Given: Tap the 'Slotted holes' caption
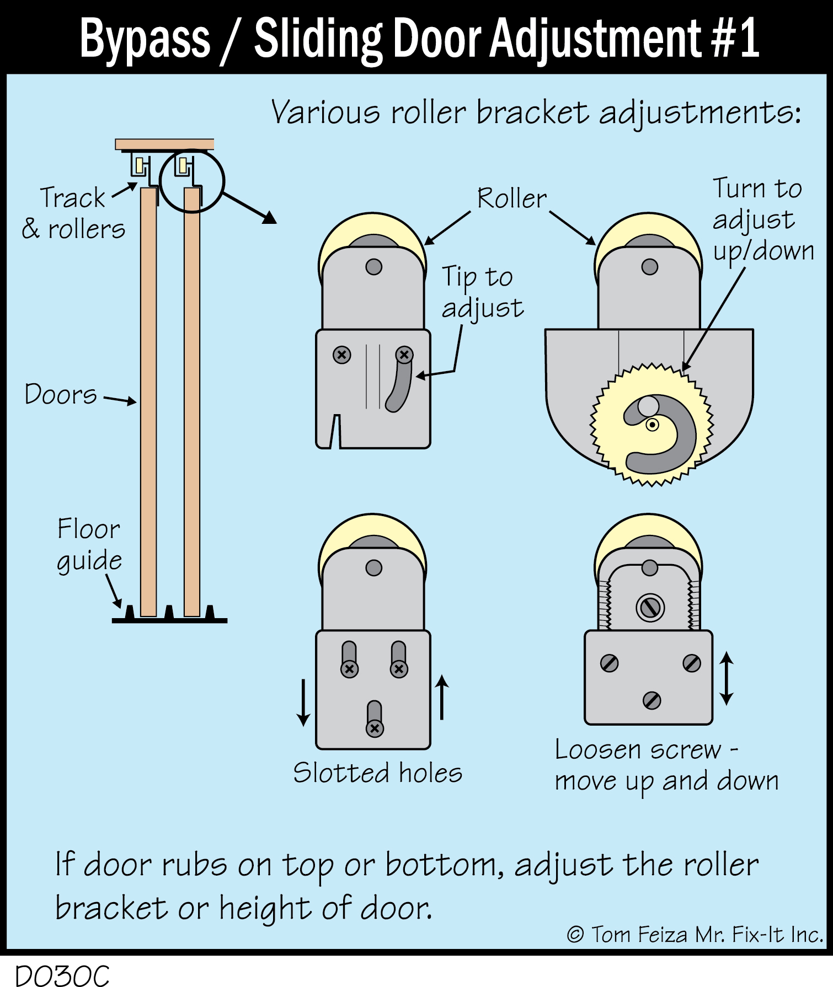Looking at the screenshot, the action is pos(377,773).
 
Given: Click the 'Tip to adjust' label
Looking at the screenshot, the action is pos(482,292).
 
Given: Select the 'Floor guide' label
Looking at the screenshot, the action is pos(89,545).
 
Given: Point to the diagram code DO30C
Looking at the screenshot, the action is pos(62,975).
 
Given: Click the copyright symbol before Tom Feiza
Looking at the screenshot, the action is pos(575,935).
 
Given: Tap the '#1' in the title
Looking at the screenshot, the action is pos(735,39).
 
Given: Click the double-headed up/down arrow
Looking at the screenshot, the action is pos(727,678).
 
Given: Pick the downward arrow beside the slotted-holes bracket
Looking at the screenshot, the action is pos(303,702).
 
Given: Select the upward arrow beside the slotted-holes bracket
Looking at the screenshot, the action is pos(442,698).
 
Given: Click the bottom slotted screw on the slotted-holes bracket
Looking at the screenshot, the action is pos(375,728).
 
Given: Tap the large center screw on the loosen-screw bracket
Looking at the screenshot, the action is pos(650,608).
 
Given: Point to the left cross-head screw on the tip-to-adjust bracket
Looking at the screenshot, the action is pos(342,355).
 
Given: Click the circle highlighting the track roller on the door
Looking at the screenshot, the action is pos(191,181).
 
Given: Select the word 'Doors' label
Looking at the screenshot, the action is pos(61,394).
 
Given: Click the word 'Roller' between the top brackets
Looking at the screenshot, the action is pos(511,199).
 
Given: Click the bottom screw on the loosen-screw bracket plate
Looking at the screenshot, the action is pos(652,701).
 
